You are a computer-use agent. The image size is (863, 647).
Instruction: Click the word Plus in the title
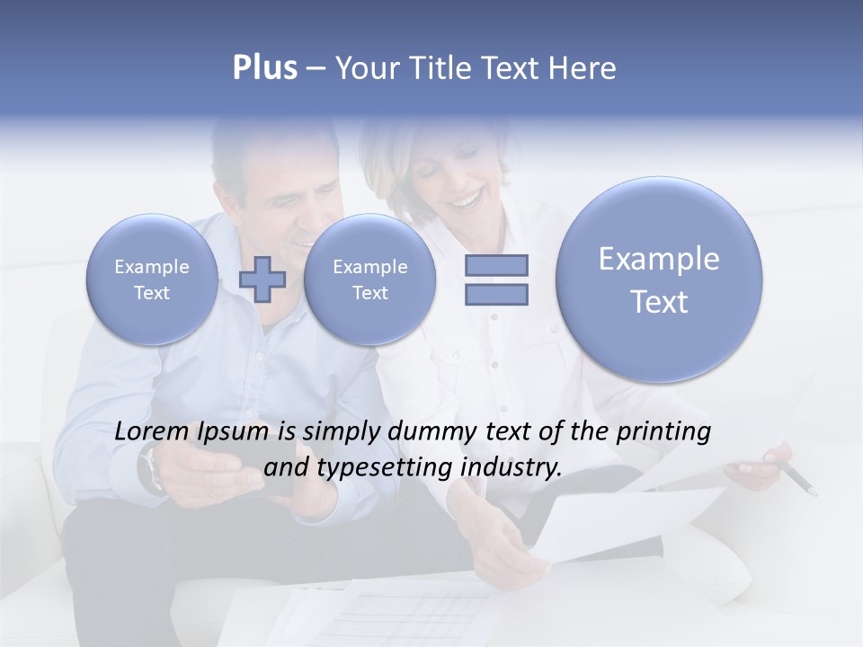264,68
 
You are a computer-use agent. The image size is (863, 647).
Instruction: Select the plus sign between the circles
262,279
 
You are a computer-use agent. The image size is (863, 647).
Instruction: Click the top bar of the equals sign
496,265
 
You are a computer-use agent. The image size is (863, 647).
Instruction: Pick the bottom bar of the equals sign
496,294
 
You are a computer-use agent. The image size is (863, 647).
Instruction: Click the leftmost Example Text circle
152,279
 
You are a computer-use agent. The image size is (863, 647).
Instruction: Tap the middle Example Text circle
369,279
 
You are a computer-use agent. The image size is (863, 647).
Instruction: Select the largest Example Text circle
659,279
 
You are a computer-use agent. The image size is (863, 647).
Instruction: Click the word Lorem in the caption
152,431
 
